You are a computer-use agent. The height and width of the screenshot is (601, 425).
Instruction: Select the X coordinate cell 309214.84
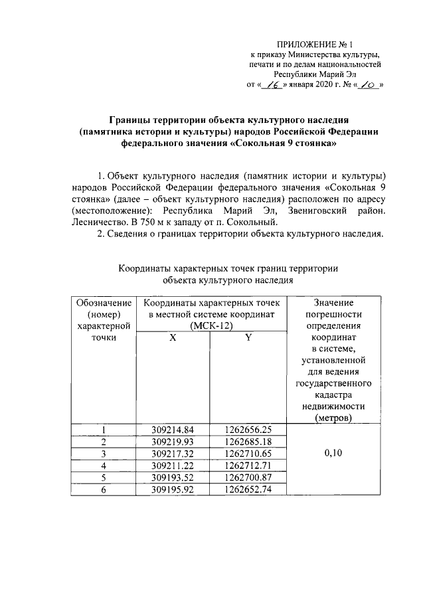tap(172, 429)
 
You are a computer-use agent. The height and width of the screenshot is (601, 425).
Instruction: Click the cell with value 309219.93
tap(172, 441)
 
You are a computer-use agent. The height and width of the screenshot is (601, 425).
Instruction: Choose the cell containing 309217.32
tap(172, 453)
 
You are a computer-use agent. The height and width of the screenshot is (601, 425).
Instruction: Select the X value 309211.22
tap(172, 465)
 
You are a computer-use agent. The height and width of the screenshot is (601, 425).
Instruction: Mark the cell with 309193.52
tap(172, 477)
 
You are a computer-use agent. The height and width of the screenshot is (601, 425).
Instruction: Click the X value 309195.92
tap(172, 489)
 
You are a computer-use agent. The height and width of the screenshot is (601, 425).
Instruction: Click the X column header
tap(172, 337)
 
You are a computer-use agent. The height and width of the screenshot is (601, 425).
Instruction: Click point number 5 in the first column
tap(102, 477)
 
